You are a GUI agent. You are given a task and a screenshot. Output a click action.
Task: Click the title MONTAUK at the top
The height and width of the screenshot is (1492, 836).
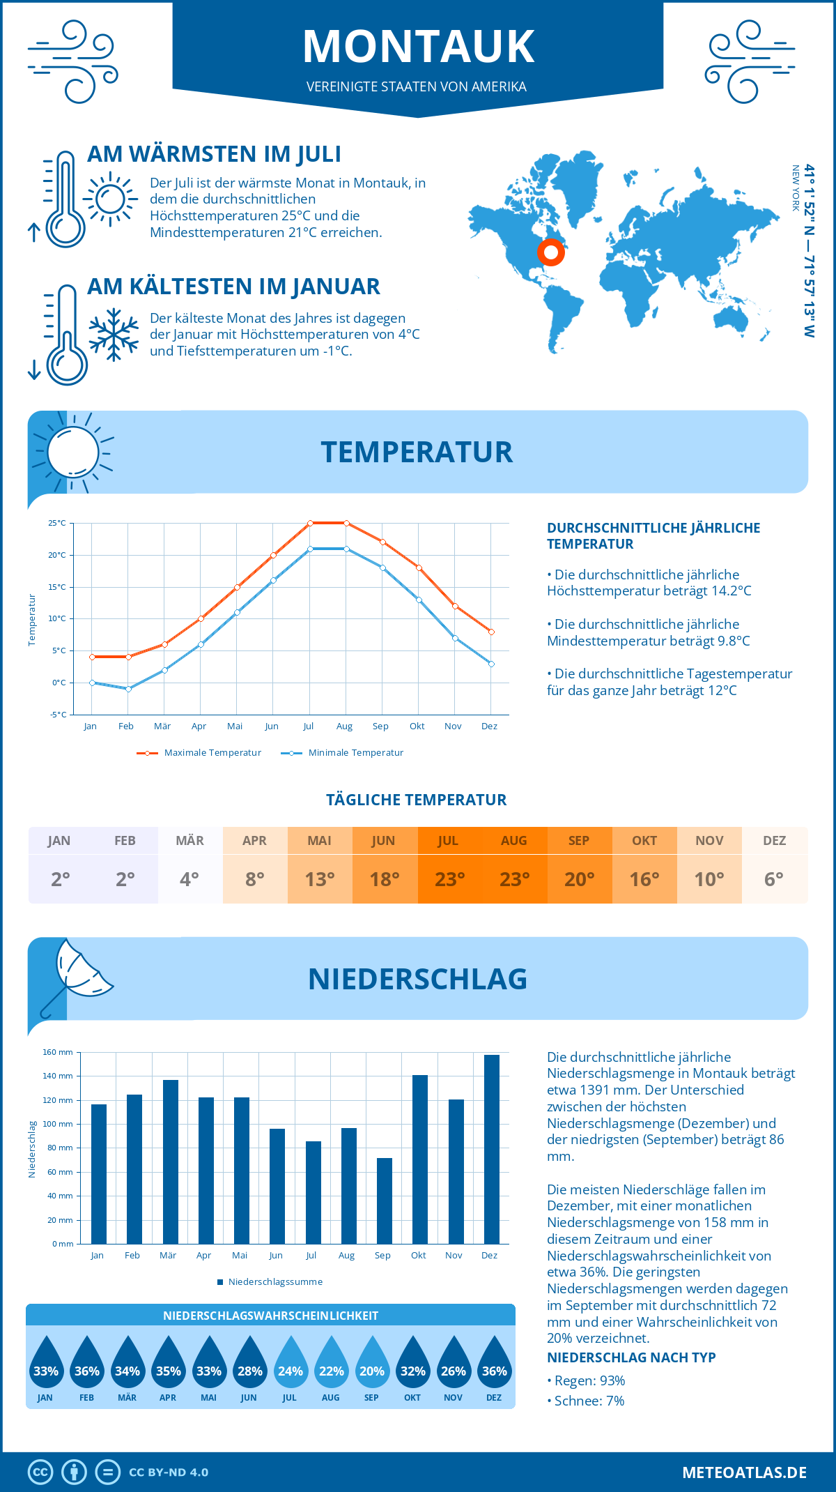point(418,47)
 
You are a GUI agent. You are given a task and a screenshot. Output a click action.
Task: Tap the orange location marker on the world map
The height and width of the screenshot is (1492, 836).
point(550,252)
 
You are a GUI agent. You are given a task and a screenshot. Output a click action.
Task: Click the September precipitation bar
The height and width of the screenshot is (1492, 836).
point(385,1201)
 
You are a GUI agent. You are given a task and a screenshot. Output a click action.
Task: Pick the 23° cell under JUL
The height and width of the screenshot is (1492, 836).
point(449,879)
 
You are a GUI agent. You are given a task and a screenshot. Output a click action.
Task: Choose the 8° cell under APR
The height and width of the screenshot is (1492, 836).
point(255,879)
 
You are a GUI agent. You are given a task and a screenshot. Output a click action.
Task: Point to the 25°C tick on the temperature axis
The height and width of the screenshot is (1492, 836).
point(57,523)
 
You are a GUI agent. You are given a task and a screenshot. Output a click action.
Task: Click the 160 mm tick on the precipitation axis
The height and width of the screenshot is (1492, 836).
point(59,1052)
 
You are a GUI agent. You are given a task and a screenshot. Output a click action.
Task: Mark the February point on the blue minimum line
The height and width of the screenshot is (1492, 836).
point(128,689)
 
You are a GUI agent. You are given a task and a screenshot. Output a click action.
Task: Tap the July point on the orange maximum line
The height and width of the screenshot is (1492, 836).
point(310,523)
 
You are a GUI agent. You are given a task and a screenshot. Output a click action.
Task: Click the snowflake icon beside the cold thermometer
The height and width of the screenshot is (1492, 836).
point(114,335)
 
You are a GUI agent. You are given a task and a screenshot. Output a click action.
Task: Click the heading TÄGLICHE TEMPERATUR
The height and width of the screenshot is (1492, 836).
point(417,800)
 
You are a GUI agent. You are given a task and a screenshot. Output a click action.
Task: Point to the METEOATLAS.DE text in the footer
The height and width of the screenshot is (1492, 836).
point(744,1472)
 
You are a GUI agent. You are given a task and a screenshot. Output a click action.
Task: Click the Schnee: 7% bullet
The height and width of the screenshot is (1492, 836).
point(587,1401)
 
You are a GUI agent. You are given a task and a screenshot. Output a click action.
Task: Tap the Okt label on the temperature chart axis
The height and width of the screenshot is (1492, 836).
point(417,726)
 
